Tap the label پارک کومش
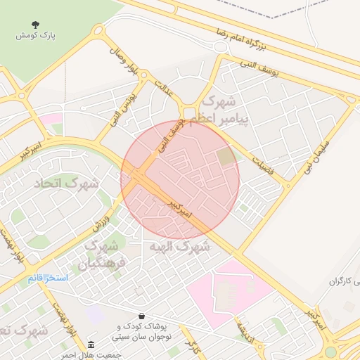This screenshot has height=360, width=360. [x=37, y=34]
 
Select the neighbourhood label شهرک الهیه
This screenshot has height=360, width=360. [x=179, y=247]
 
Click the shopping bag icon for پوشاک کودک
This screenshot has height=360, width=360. [x=143, y=316]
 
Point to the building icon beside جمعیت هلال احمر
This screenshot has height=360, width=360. [x=91, y=345]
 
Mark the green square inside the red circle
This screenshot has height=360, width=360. [x=226, y=157]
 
